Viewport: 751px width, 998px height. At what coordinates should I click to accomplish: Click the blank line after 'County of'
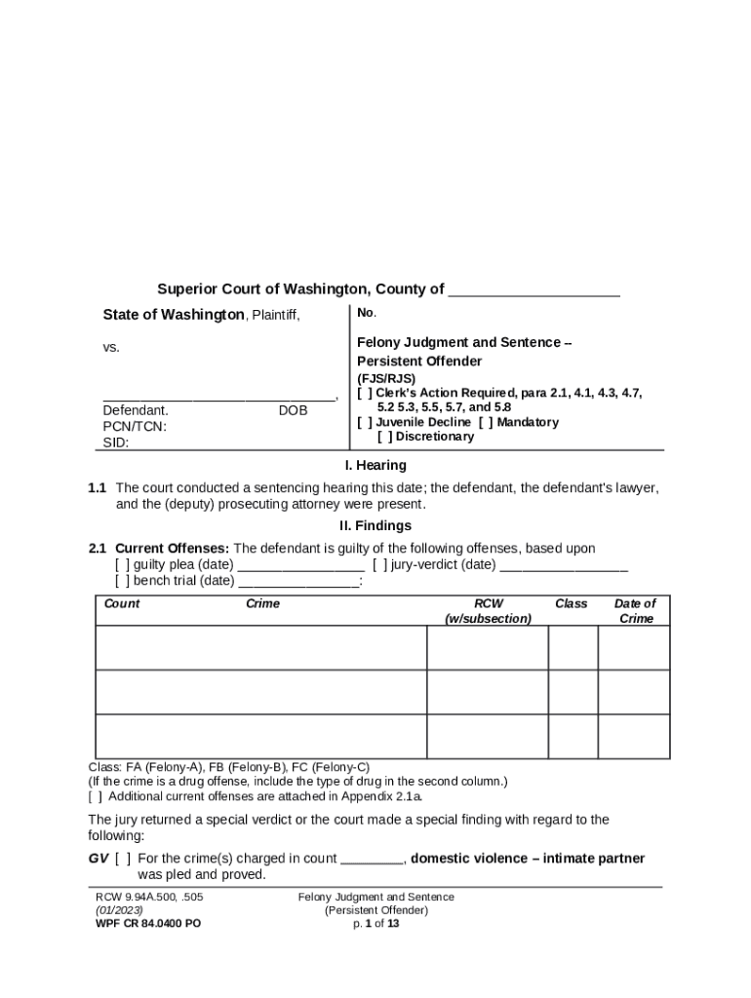(534, 290)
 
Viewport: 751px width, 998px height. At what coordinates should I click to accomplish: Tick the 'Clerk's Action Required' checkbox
(364, 393)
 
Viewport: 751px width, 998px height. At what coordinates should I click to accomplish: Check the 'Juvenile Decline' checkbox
(364, 422)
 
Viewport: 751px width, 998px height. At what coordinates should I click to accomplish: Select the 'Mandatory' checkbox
(485, 422)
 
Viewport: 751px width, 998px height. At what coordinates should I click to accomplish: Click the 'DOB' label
(293, 410)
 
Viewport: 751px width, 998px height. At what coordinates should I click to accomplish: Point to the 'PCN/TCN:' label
(135, 426)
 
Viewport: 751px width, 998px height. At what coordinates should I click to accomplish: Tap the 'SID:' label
(116, 442)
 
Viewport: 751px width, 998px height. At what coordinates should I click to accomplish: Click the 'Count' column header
(122, 603)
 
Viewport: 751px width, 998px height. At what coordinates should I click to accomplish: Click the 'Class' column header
(571, 603)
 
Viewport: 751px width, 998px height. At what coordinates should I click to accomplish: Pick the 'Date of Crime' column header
(635, 611)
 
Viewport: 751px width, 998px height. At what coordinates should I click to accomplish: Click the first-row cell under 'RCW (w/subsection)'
(487, 648)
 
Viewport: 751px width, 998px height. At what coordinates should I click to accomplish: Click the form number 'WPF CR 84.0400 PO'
(147, 923)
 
